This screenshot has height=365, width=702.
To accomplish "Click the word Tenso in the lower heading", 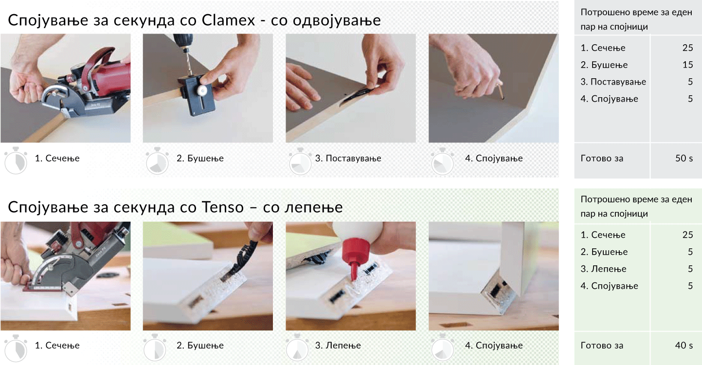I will (x=221, y=207).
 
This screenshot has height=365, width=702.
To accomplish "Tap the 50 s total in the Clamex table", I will (x=684, y=158).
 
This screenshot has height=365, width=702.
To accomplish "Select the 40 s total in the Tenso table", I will (x=684, y=345).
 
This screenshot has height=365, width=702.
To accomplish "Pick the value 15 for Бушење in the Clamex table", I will (x=687, y=65).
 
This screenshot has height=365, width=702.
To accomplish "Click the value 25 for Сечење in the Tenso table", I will (x=687, y=235).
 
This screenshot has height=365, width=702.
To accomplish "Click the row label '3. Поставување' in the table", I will (x=613, y=82).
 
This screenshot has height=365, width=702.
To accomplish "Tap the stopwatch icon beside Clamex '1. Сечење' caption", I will (x=16, y=161).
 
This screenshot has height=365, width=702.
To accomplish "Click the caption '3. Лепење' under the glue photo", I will (x=338, y=346).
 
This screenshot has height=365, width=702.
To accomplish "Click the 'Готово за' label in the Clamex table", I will (x=602, y=158).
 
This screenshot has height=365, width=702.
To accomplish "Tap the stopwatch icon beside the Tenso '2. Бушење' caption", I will (x=156, y=348).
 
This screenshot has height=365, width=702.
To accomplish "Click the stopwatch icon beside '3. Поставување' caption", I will (x=300, y=161).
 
